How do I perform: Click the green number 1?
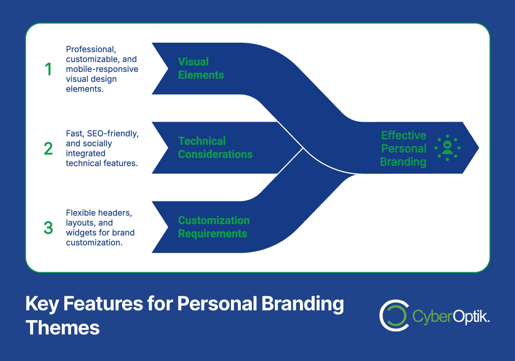pyautogui.click(x=48, y=69)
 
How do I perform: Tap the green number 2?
pyautogui.click(x=48, y=148)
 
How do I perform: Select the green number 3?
pyautogui.click(x=48, y=228)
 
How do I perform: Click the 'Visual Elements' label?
pyautogui.click(x=201, y=68)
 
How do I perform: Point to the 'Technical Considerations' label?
pyautogui.click(x=215, y=148)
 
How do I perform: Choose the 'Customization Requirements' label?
pyautogui.click(x=214, y=227)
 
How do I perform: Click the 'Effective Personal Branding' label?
pyautogui.click(x=403, y=148)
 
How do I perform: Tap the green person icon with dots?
pyautogui.click(x=447, y=148)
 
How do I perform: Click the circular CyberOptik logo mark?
pyautogui.click(x=394, y=315)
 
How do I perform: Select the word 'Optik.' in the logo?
pyautogui.click(x=471, y=316)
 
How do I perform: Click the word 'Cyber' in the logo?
pyautogui.click(x=432, y=316)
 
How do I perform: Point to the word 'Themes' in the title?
pyautogui.click(x=63, y=328)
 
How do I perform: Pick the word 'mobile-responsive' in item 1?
pyautogui.click(x=102, y=69)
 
